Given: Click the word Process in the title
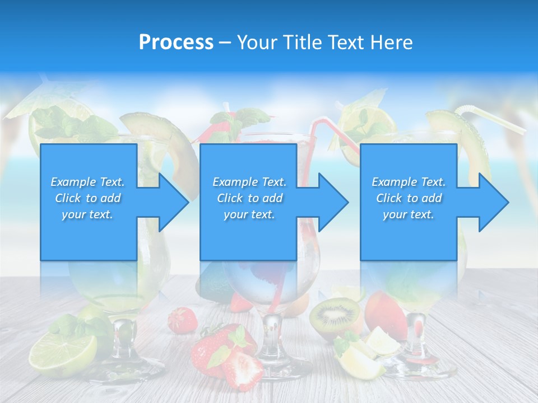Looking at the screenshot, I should click(x=176, y=43).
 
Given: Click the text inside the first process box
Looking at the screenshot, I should click(x=87, y=198).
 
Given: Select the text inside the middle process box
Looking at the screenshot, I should click(x=249, y=198).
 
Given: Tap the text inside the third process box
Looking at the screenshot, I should click(x=409, y=198).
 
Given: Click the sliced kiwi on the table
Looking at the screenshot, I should click(x=335, y=315).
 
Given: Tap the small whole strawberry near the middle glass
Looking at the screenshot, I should click(x=183, y=320).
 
